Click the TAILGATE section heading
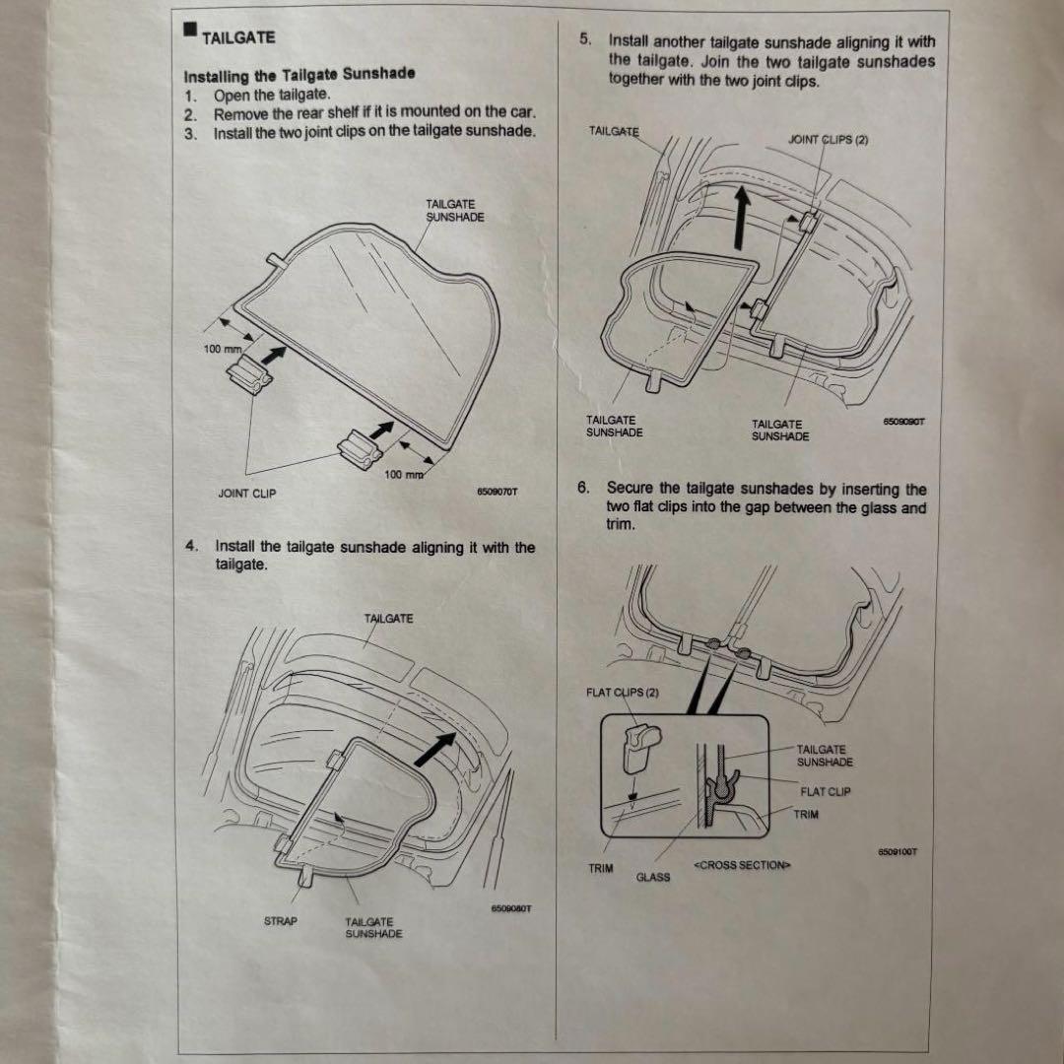coord(238,38)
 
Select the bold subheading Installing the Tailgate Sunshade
coord(299,75)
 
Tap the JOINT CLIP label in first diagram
coord(246,494)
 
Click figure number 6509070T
coord(497,491)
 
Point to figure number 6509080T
coord(511,908)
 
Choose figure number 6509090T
coord(905,422)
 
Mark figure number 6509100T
coord(898,853)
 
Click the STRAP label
coord(281,921)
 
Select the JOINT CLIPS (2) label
coord(829,140)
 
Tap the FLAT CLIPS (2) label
coord(623,692)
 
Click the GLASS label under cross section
coord(652,877)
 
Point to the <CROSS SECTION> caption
coord(742,865)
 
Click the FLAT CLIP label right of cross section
coord(826,791)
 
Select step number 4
coord(190,546)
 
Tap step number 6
coord(584,488)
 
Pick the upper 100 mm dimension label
coord(222,350)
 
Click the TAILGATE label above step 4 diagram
coord(389,619)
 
